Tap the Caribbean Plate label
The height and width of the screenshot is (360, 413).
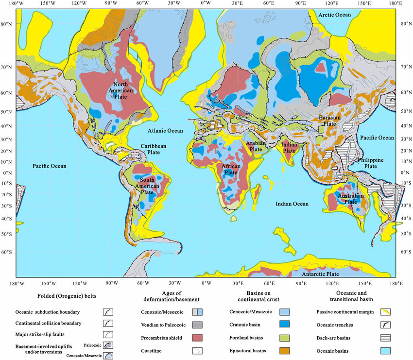pos(154,149)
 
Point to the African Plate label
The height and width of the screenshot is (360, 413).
pos(231,169)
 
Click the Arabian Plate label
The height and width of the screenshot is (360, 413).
pos(255,146)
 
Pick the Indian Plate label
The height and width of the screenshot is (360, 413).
pos(289,147)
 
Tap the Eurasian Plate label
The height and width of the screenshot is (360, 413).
pos(332,121)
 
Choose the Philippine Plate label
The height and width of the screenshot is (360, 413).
pos(371,163)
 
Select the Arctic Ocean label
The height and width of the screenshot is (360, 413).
pos(334,15)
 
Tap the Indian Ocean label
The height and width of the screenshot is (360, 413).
pos(292,204)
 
